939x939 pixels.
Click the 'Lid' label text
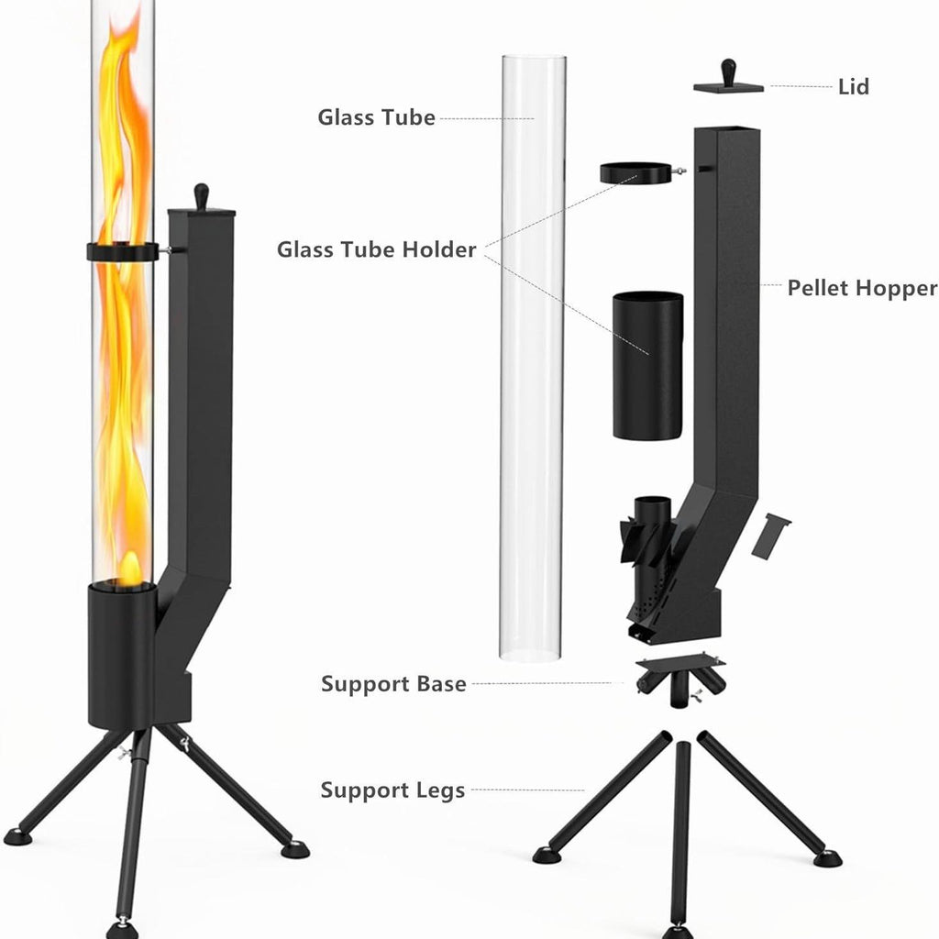[853, 87]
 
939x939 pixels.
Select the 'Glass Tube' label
[376, 117]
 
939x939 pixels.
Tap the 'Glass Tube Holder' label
[377, 249]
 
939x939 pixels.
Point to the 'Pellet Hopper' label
[862, 288]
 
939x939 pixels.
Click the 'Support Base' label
[393, 684]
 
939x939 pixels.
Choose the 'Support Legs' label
[392, 790]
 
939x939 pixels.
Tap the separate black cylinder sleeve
[647, 364]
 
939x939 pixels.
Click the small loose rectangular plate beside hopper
[770, 536]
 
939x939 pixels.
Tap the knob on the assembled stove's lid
[202, 195]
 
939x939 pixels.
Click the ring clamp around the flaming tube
[123, 251]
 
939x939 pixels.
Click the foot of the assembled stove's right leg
[294, 849]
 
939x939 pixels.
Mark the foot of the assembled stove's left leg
[17, 835]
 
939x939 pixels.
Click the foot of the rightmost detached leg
[827, 858]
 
